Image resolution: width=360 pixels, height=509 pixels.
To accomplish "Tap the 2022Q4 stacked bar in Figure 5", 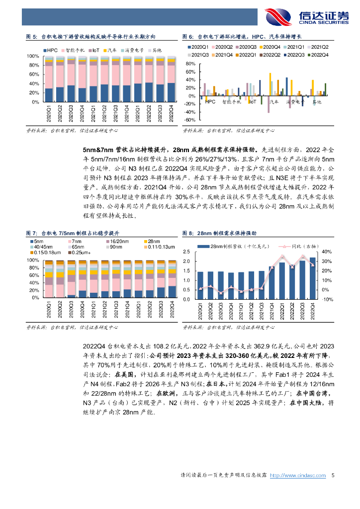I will pos(171,80).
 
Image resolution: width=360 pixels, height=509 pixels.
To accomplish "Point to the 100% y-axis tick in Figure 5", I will pos(33,56).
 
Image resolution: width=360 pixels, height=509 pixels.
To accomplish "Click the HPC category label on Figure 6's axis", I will pos(210,102).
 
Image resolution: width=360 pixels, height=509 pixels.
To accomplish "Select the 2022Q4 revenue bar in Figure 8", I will pos(312,278).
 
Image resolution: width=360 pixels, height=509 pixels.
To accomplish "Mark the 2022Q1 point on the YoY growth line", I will pos(282,256).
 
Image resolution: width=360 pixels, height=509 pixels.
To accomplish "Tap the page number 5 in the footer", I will pos(333,476).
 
